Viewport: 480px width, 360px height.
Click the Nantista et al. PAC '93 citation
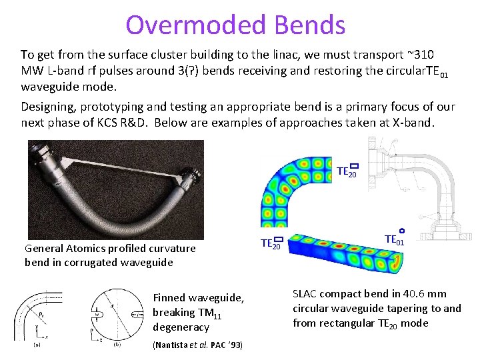(197, 345)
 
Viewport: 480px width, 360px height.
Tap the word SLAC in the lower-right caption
(307, 293)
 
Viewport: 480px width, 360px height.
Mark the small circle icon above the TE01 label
(401, 231)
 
